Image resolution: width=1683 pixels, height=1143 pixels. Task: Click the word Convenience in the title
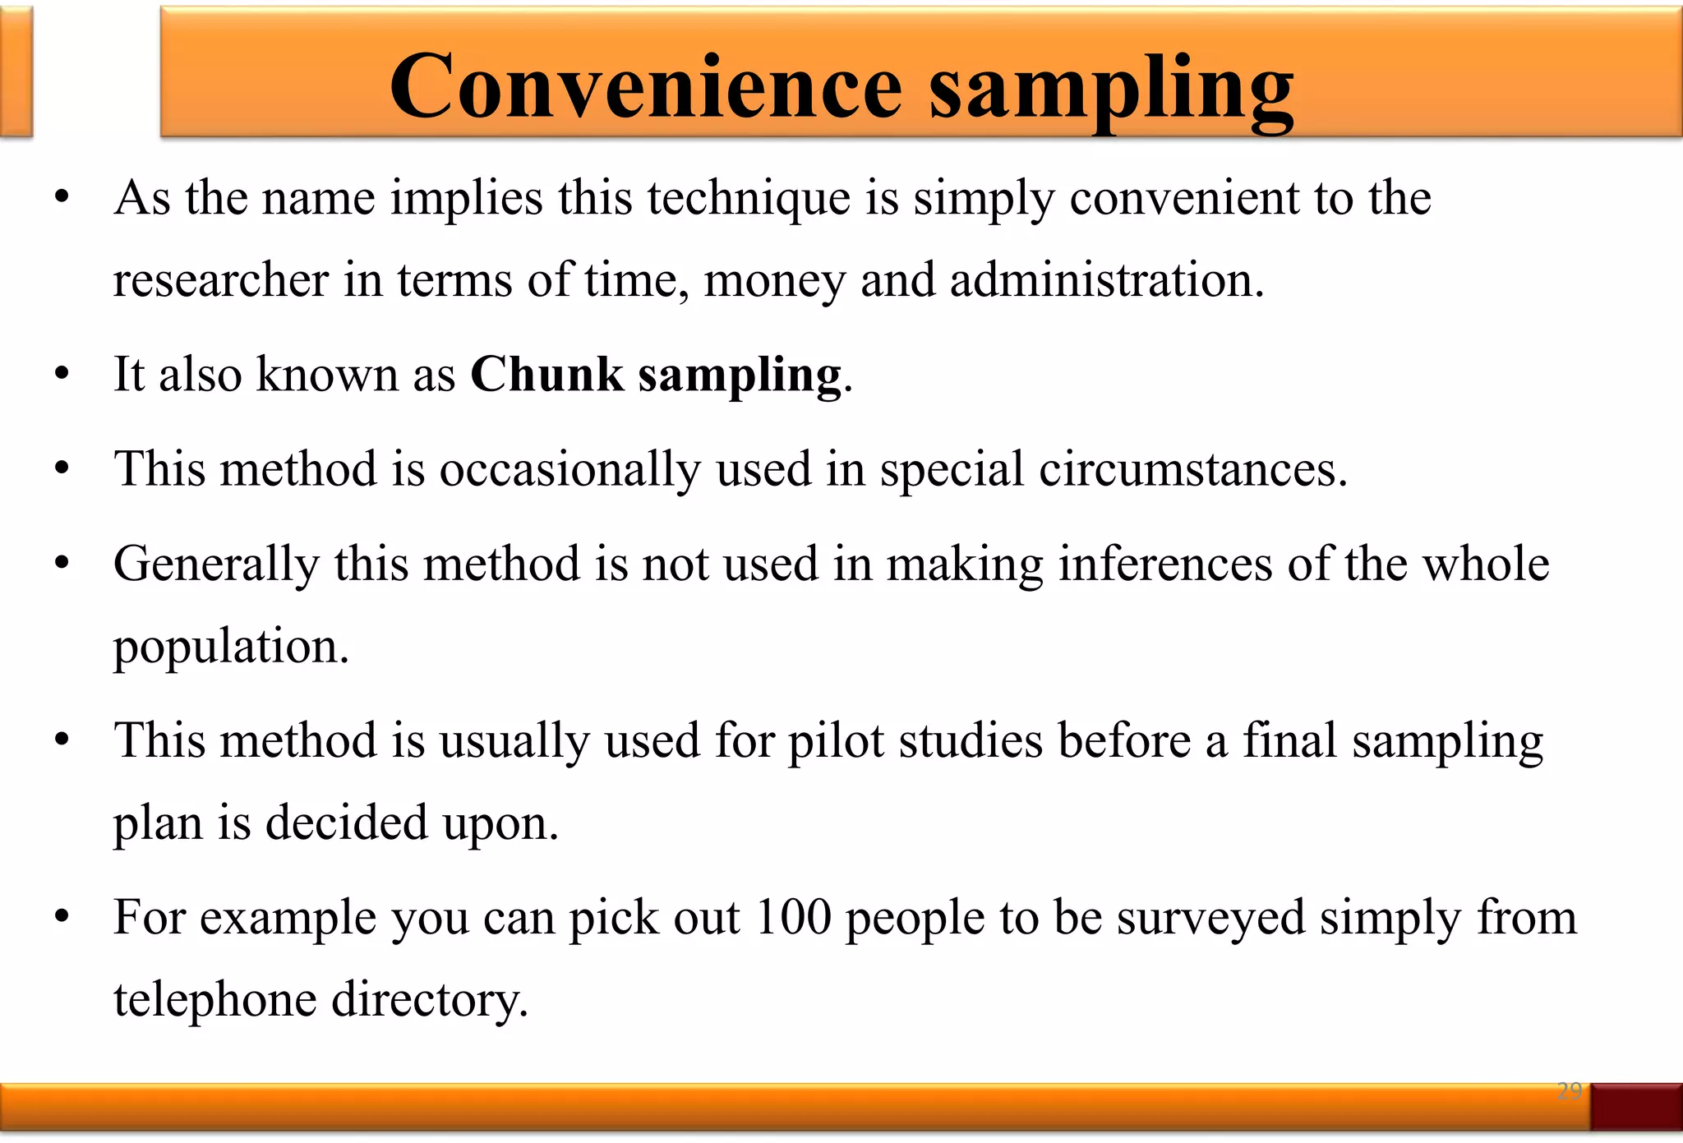pyautogui.click(x=646, y=86)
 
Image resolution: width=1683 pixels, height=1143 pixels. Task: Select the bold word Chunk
pyautogui.click(x=546, y=375)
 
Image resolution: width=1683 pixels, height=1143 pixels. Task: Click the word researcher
pyautogui.click(x=221, y=280)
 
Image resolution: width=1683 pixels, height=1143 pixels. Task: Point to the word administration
pyautogui.click(x=1106, y=280)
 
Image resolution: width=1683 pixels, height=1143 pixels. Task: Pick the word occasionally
pyautogui.click(x=569, y=470)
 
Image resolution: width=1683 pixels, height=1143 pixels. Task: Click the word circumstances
pyautogui.click(x=1192, y=470)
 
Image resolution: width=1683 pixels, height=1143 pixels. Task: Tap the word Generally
pyautogui.click(x=216, y=565)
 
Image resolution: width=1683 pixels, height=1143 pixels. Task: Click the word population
pyautogui.click(x=231, y=648)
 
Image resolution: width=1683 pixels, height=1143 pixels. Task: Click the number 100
pyautogui.click(x=793, y=918)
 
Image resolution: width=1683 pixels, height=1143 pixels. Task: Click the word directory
pyautogui.click(x=429, y=1001)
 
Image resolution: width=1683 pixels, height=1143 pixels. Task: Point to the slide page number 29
pyautogui.click(x=1569, y=1091)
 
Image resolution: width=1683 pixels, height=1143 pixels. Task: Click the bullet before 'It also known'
pyautogui.click(x=62, y=376)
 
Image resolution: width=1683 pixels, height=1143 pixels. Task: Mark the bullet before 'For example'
pyautogui.click(x=62, y=918)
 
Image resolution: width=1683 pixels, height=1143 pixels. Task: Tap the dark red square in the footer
pyautogui.click(x=1635, y=1106)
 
